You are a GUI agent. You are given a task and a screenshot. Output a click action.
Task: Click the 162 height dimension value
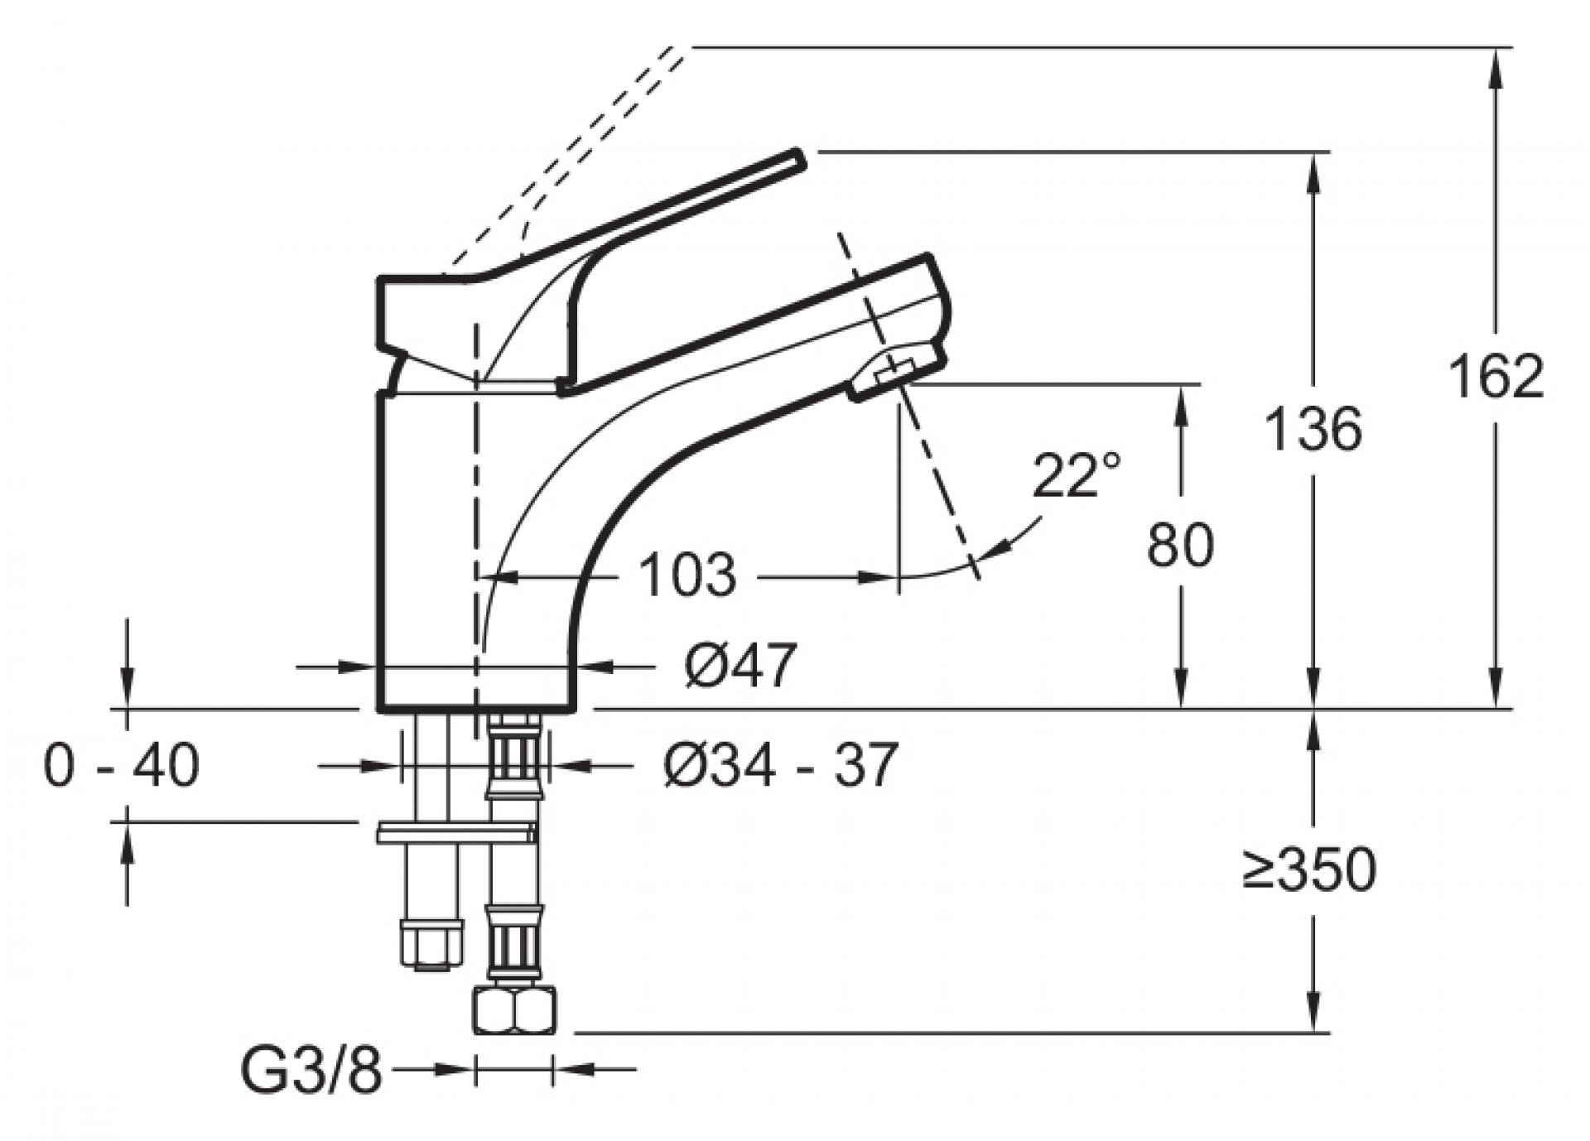(x=1496, y=377)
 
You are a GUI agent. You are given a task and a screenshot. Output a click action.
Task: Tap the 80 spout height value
(x=1181, y=545)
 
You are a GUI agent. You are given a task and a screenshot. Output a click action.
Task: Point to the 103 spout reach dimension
(x=688, y=575)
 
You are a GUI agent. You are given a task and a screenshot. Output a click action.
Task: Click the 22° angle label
(x=1077, y=475)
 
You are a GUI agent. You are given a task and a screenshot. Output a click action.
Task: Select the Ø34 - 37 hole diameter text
(x=780, y=765)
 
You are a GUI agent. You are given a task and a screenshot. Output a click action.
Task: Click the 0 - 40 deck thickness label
(x=121, y=765)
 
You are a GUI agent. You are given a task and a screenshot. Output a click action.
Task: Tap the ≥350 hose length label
(x=1308, y=869)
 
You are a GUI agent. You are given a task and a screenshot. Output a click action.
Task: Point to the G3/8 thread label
(x=311, y=1071)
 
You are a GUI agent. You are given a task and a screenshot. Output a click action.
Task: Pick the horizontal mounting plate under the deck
(x=455, y=833)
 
